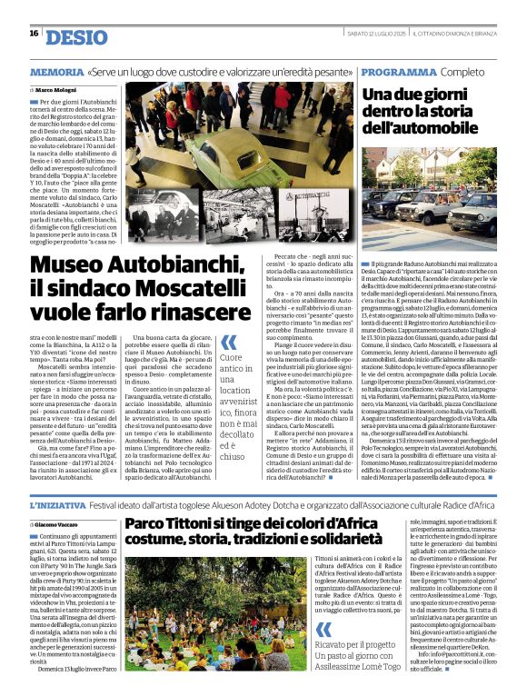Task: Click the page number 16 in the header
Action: pyautogui.click(x=34, y=34)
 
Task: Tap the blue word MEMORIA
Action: pyautogui.click(x=56, y=71)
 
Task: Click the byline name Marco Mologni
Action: pyautogui.click(x=63, y=90)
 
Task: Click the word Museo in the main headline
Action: pyautogui.click(x=69, y=264)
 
